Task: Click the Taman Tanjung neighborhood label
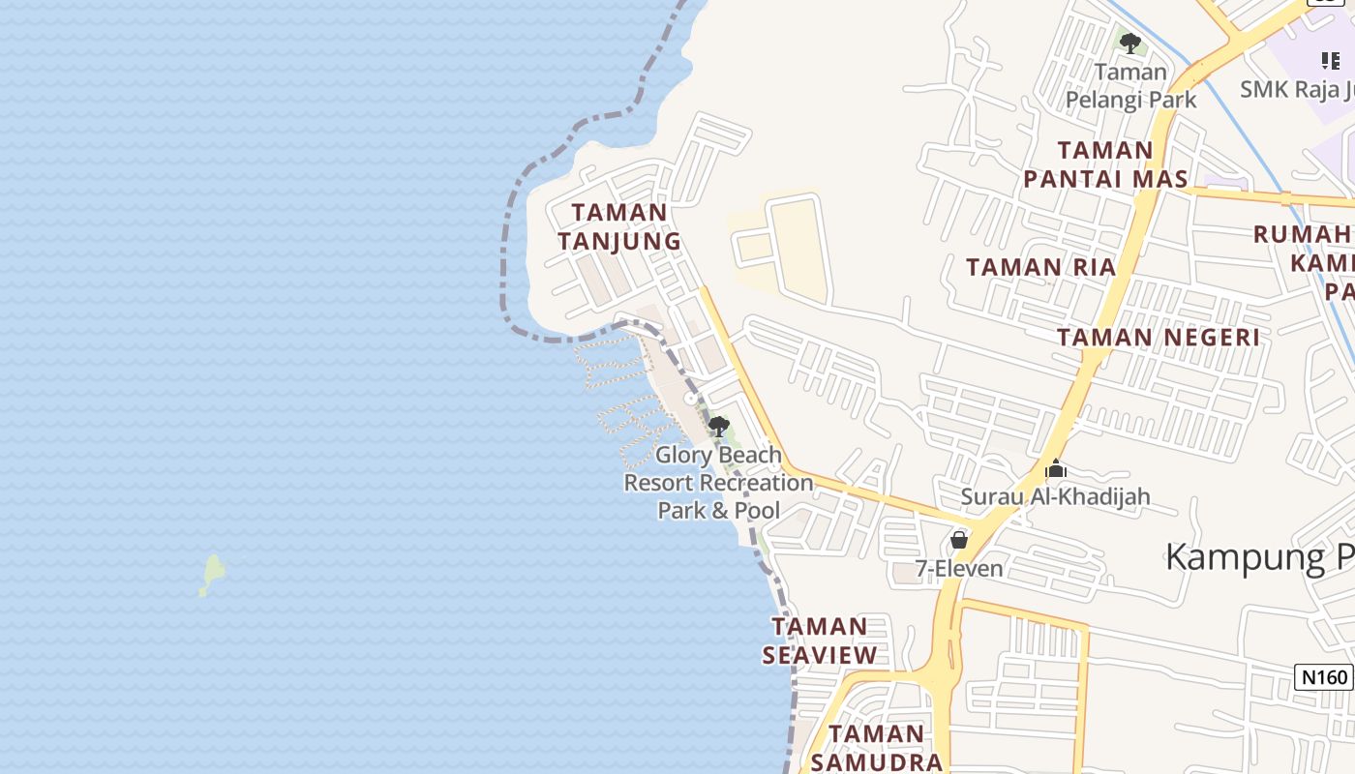619,226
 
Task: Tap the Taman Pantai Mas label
1105,164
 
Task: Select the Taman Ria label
1041,267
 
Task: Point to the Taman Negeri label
1159,337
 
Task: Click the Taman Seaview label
820,640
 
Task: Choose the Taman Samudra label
876,748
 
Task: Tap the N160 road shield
1322,676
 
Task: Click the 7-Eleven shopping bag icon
959,540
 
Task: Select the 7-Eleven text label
959,568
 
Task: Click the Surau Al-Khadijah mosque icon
1056,470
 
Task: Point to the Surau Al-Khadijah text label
1055,497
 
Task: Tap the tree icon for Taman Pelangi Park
1129,44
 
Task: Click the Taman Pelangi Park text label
1130,86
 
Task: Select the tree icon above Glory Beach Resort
718,427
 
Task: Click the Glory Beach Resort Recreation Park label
718,482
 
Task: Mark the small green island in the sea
212,574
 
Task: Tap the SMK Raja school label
1297,90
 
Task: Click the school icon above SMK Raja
1331,61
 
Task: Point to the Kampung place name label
1258,557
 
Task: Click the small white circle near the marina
690,399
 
